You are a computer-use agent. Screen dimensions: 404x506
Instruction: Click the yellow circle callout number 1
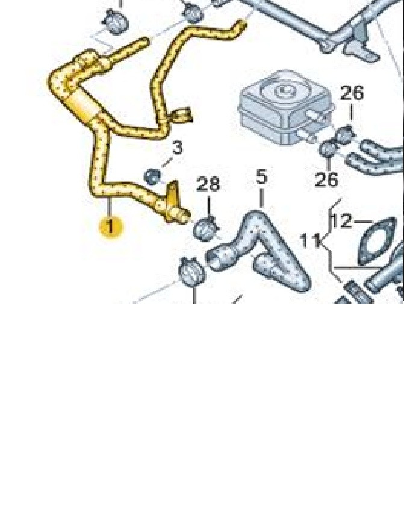(111, 227)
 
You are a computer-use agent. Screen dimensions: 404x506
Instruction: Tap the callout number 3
(177, 148)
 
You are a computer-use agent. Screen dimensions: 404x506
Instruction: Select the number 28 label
(208, 184)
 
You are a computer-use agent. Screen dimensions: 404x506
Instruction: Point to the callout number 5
(261, 177)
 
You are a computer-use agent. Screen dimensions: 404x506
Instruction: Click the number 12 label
(341, 221)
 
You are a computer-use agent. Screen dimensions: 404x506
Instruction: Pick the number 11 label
(310, 240)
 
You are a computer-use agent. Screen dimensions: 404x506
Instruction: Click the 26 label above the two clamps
(352, 93)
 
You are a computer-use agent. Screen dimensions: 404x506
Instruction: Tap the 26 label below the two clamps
(326, 180)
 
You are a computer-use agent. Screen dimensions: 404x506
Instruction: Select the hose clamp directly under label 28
(206, 229)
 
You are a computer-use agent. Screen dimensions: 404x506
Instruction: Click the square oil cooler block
(285, 107)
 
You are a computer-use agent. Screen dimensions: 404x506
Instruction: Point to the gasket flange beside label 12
(378, 240)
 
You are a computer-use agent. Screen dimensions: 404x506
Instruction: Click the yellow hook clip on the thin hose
(182, 116)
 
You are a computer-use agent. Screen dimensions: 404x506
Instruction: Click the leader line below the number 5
(261, 198)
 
